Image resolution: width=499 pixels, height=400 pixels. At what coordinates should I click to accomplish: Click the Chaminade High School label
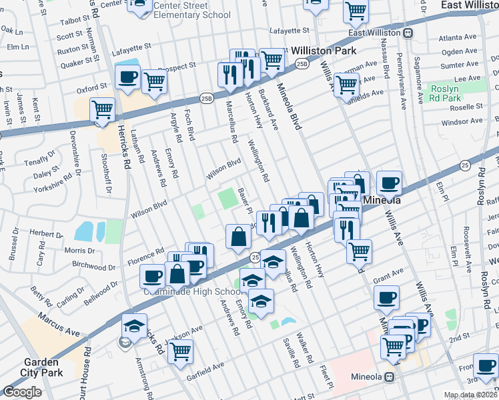point(191,291)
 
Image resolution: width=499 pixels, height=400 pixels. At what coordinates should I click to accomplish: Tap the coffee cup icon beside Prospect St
point(127,77)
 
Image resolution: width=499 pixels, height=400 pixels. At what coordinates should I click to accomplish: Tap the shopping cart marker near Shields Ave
point(346,84)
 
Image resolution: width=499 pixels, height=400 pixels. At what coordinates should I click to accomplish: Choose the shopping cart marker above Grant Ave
point(359,251)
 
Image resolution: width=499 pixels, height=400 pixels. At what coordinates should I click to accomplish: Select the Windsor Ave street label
point(462,122)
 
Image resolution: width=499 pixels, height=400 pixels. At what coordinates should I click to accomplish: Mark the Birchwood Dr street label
point(94,265)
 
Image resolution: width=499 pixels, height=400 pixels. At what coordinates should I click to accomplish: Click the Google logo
point(22,392)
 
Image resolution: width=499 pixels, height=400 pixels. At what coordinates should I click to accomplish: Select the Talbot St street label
point(75,22)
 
